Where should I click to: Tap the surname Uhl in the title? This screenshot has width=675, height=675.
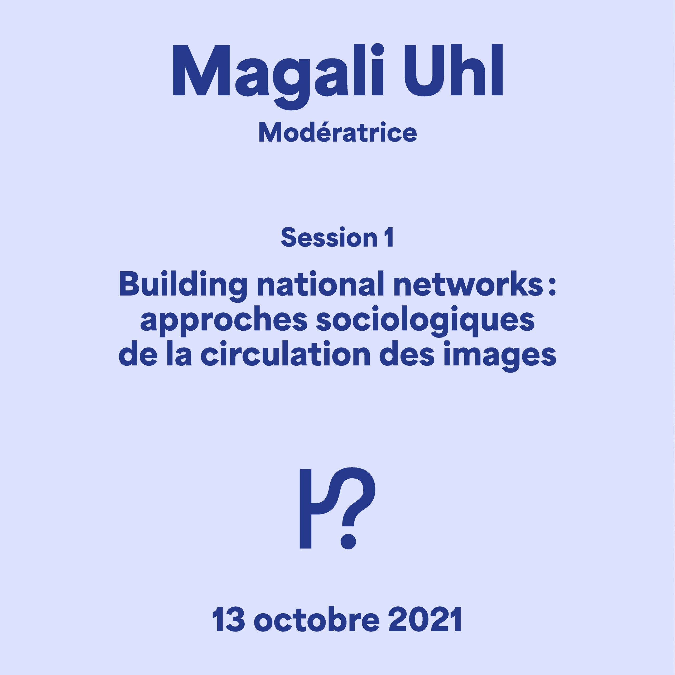(x=454, y=70)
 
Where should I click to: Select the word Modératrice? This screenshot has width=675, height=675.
(x=337, y=132)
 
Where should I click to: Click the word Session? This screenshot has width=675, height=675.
(x=329, y=237)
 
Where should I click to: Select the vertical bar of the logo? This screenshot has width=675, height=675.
(x=305, y=509)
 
